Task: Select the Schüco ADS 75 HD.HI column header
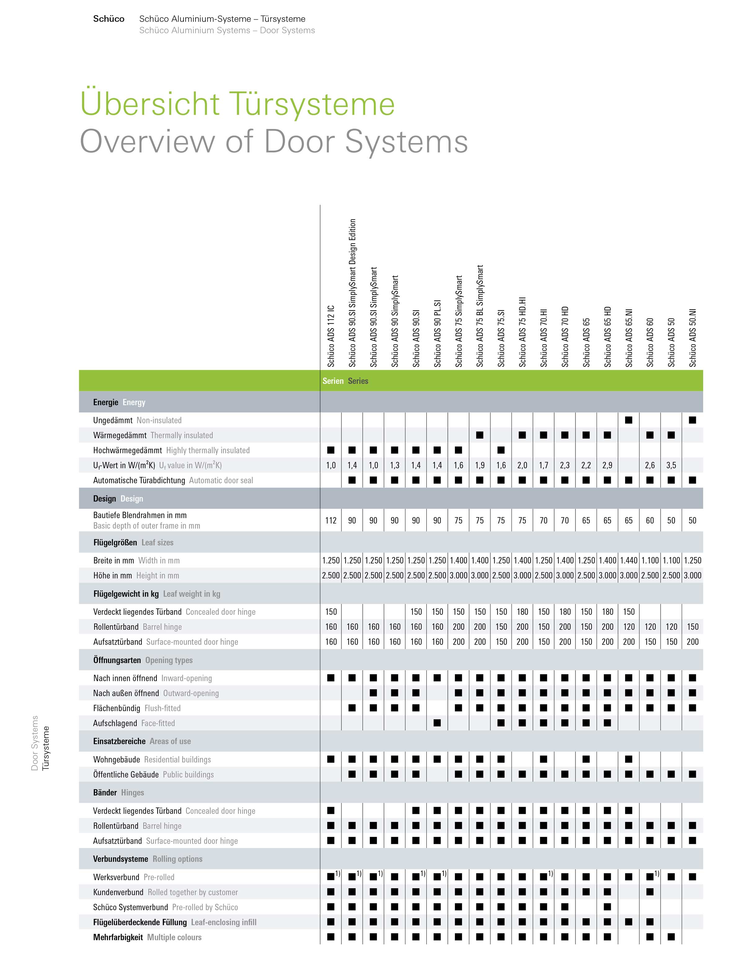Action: pyautogui.click(x=522, y=332)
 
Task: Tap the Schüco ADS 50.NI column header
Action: pyautogui.click(x=692, y=338)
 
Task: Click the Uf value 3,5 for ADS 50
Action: pyautogui.click(x=671, y=465)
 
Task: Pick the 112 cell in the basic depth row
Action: pyautogui.click(x=331, y=520)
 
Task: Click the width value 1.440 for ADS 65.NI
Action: pyautogui.click(x=628, y=560)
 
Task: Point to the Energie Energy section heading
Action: pyautogui.click(x=119, y=402)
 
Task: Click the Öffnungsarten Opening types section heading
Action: pyautogui.click(x=142, y=660)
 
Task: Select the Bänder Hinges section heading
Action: pyautogui.click(x=118, y=793)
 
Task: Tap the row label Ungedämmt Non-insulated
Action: pyautogui.click(x=137, y=420)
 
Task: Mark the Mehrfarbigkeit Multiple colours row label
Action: pyautogui.click(x=147, y=937)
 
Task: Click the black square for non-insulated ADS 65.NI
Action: pyautogui.click(x=628, y=420)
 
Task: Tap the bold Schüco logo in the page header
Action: pyautogui.click(x=109, y=19)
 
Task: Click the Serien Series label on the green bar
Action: pyautogui.click(x=345, y=381)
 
